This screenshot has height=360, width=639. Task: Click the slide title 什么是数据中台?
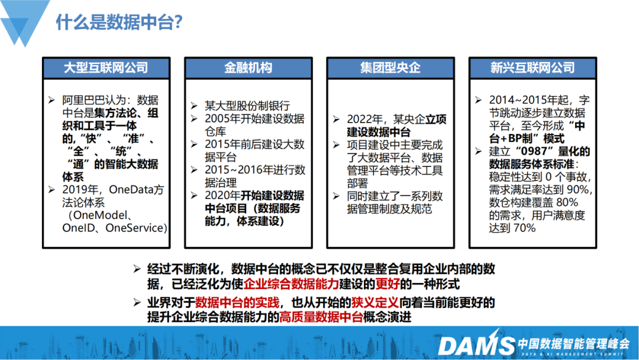tap(120, 22)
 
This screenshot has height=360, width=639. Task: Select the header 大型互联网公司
tap(106, 67)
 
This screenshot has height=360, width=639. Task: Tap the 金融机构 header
tap(248, 67)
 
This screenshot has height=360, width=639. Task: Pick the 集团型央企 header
tap(390, 67)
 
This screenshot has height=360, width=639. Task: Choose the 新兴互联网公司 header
tap(532, 67)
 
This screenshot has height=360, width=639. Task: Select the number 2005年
tap(222, 118)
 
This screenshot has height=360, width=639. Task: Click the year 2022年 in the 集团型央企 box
tap(364, 119)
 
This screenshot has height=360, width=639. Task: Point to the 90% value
tap(577, 189)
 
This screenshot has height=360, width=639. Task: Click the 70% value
tap(524, 227)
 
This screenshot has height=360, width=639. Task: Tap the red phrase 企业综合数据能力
tap(291, 284)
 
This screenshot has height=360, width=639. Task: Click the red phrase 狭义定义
tap(375, 303)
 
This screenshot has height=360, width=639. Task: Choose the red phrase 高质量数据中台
tap(321, 317)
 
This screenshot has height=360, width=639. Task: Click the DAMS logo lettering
tap(476, 345)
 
